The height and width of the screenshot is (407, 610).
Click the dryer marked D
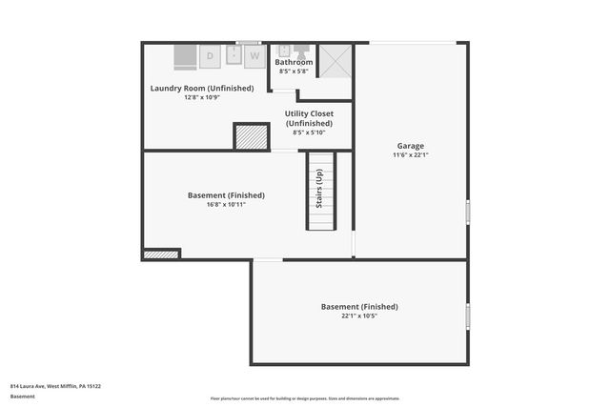pyautogui.click(x=211, y=57)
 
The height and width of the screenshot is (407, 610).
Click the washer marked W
pyautogui.click(x=254, y=57)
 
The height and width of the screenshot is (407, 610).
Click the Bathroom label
pyautogui.click(x=294, y=62)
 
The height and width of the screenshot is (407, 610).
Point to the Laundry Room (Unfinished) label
pyautogui.click(x=202, y=89)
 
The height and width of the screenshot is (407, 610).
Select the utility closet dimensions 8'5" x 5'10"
pyautogui.click(x=309, y=132)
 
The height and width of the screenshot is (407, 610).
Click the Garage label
pyautogui.click(x=411, y=146)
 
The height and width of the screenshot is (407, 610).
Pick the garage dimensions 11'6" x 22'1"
pyautogui.click(x=411, y=155)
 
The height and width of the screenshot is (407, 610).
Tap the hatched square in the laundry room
pyautogui.click(x=252, y=136)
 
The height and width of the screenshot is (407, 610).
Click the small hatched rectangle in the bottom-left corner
pyautogui.click(x=161, y=254)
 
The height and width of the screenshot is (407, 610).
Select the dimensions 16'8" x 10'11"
pyautogui.click(x=226, y=205)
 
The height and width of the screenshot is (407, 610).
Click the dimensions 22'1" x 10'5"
pyautogui.click(x=359, y=316)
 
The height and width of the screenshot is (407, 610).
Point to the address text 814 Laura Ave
pyautogui.click(x=55, y=386)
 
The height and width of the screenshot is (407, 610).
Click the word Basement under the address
pyautogui.click(x=22, y=396)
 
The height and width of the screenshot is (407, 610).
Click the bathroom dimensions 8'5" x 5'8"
pyautogui.click(x=294, y=71)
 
